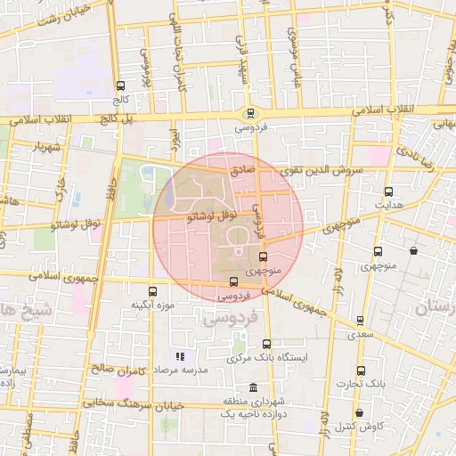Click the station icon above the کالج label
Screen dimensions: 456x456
[120, 85]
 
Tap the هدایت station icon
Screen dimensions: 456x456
[388, 191]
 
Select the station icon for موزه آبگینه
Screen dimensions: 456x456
[152, 290]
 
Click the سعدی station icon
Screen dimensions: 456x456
[361, 321]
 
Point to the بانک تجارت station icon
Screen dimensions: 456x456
[361, 370]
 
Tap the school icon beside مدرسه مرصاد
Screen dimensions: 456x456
[180, 356]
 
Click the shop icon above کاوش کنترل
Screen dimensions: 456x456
[359, 413]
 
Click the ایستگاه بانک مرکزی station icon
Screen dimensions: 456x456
[267, 344]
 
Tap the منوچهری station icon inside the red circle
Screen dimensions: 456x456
[262, 256]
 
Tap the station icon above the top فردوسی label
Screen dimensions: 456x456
[250, 113]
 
